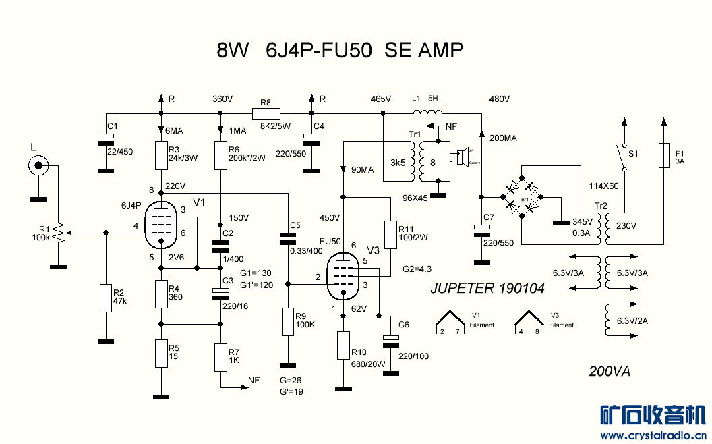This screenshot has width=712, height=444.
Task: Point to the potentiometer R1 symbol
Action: point(59,233)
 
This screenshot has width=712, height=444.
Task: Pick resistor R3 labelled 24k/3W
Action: point(160,155)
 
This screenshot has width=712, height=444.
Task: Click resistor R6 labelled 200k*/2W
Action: point(220,155)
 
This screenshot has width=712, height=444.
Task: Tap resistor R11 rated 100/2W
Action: point(390,233)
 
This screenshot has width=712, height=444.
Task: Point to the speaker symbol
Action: point(462,158)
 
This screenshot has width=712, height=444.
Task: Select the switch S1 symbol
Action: point(624,157)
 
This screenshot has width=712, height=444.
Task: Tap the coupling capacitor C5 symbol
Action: point(288,238)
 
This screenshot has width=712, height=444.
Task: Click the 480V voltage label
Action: point(500,99)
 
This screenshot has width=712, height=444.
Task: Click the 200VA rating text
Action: point(610,371)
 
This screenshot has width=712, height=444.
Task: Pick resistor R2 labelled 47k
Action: point(105,298)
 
